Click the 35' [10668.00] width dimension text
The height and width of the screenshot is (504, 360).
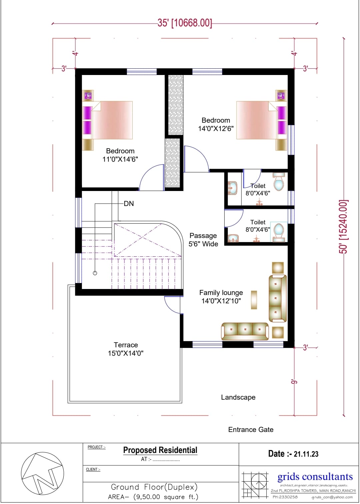point(185,23)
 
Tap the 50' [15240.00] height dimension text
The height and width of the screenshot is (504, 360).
point(343,227)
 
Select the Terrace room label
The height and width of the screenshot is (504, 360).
point(126,349)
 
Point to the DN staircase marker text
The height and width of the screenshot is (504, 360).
point(129,204)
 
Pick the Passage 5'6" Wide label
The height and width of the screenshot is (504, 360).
point(203,240)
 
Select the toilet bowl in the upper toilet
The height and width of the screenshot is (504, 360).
point(279,182)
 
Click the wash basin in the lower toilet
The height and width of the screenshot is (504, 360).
point(233,238)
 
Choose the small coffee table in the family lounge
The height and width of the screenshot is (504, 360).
point(254,300)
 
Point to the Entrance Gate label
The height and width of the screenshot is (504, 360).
point(251,430)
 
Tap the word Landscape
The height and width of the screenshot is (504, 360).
point(238,397)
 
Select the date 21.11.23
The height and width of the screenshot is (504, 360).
point(306,454)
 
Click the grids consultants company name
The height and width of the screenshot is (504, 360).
point(315,477)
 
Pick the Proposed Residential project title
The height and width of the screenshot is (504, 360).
point(160,450)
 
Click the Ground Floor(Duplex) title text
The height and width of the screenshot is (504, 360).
point(154,487)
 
